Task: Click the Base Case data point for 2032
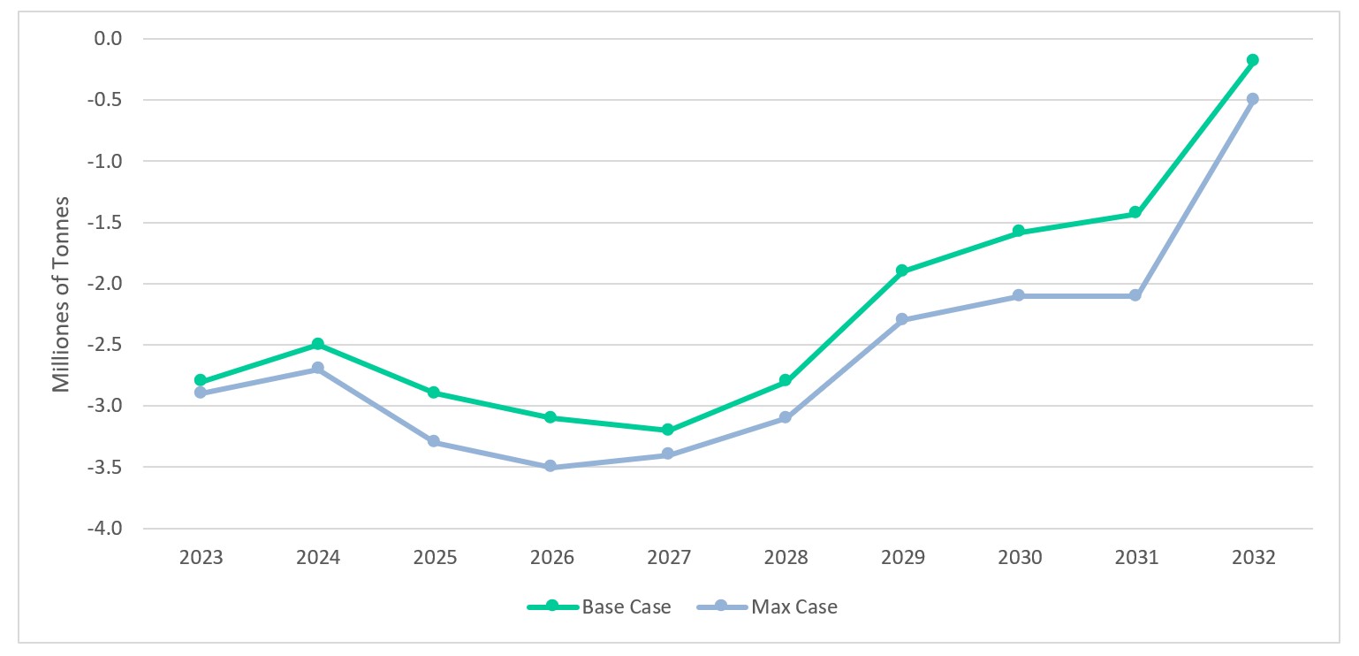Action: click(x=1252, y=60)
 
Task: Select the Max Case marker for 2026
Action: click(x=550, y=466)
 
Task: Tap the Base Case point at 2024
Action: click(x=317, y=344)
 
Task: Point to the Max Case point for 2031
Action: click(x=1135, y=295)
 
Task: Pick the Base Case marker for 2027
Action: click(x=668, y=430)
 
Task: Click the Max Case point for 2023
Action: click(x=200, y=393)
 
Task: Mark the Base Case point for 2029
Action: click(x=901, y=271)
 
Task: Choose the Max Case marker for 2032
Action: click(x=1252, y=99)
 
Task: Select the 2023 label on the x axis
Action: click(x=201, y=558)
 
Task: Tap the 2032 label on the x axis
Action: click(x=1253, y=558)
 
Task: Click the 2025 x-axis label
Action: click(x=435, y=558)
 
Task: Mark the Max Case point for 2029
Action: click(x=901, y=319)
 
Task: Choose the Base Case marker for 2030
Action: click(x=1018, y=231)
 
